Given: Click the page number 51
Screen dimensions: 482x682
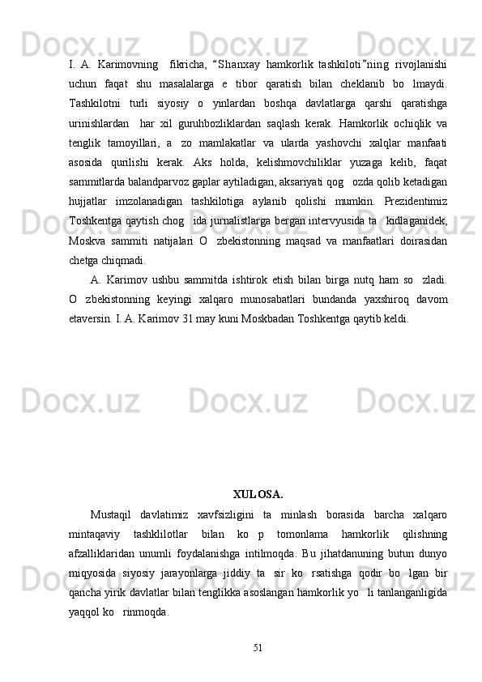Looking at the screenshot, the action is click(258, 646).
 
